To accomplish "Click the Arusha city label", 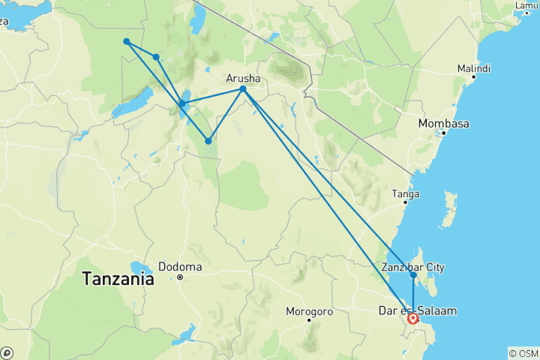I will [x=244, y=76].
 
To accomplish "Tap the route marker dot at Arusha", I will [x=243, y=89].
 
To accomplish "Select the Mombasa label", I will [x=444, y=123].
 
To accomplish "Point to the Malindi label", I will [x=473, y=68].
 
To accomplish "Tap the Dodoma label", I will [x=180, y=266].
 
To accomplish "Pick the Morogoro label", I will [x=308, y=310].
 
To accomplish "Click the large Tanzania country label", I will [x=118, y=280].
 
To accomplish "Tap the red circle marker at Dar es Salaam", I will [x=413, y=319].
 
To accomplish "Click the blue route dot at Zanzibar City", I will [x=413, y=275].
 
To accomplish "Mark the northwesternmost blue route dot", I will [x=127, y=41].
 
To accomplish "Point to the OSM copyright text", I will [x=523, y=353].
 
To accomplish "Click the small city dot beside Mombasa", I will [x=444, y=133].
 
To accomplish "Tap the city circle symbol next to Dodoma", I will [x=180, y=277].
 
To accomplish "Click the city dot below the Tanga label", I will [x=406, y=202].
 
